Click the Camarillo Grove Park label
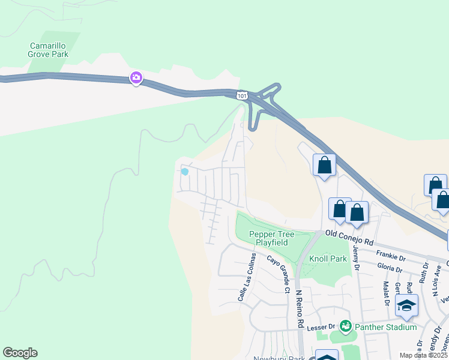49,50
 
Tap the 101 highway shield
241,96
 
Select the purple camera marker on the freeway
136,77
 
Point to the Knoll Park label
328,259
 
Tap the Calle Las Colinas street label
246,277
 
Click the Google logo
20,353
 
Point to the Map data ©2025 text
423,355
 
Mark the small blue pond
184,172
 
